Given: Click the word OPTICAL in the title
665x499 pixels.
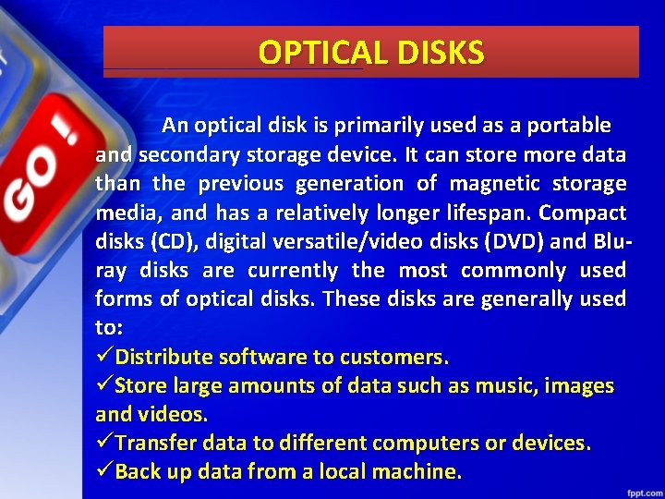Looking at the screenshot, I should click(322, 53).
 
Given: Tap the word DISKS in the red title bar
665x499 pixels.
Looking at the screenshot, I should click(439, 53).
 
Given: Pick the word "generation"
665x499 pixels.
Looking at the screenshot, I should click(347, 184).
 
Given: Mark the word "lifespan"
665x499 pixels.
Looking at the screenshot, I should click(490, 213).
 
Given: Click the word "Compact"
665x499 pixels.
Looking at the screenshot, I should click(583, 213).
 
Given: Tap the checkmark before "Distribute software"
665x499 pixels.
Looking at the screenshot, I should click(104, 357).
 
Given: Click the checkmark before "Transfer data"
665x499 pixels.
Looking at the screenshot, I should click(104, 443).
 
